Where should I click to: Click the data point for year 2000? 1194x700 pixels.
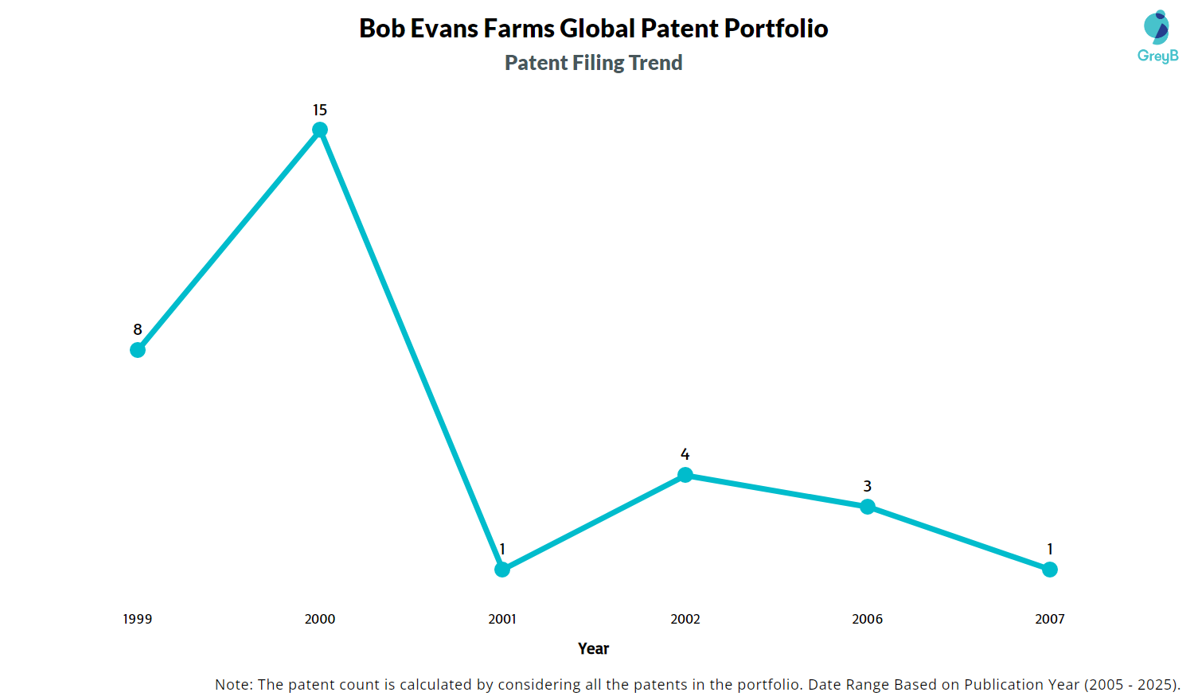(320, 130)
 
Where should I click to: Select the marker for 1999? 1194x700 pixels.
(138, 350)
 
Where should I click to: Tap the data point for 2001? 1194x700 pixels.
(502, 570)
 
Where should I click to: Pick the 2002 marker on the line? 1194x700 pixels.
(685, 475)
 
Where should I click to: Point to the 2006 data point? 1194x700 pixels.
(868, 507)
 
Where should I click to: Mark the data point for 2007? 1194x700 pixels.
(1050, 570)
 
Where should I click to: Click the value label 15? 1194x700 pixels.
(320, 111)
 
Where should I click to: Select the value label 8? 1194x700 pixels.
(138, 330)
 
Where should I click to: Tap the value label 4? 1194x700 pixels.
(685, 455)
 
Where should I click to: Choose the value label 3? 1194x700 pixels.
(868, 487)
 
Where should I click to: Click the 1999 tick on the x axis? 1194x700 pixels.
(138, 619)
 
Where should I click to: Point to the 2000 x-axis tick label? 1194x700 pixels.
(320, 619)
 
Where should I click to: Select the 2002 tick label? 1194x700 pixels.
(685, 619)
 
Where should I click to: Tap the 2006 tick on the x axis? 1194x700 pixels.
(868, 619)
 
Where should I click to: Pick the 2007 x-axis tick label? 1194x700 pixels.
(1050, 619)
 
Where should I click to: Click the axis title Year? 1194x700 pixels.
(594, 649)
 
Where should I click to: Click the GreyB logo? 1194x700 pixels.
(1157, 37)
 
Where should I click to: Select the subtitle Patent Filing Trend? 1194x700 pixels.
(594, 63)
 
